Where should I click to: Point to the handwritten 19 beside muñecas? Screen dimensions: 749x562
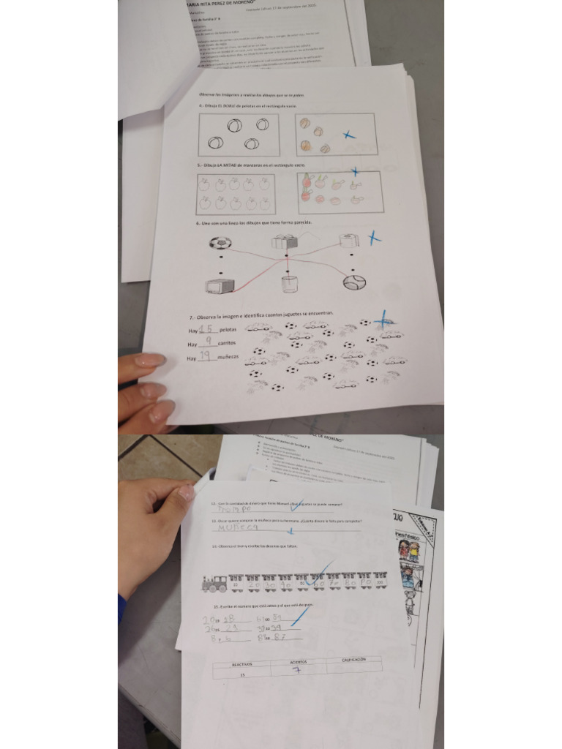pyautogui.click(x=206, y=356)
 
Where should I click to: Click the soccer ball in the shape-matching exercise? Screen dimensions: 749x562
pyautogui.click(x=220, y=242)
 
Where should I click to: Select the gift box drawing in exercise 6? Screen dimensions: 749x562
pyautogui.click(x=285, y=241)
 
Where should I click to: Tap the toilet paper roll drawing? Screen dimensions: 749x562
pyautogui.click(x=349, y=239)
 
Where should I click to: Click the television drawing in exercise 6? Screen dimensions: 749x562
pyautogui.click(x=220, y=285)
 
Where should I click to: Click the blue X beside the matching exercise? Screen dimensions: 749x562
pyautogui.click(x=374, y=238)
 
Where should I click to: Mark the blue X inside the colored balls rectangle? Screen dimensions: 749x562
pyautogui.click(x=350, y=135)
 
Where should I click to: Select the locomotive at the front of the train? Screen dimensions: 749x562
pyautogui.click(x=215, y=583)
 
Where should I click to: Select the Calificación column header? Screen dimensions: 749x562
pyautogui.click(x=353, y=660)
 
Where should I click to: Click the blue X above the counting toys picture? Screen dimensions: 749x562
pyautogui.click(x=383, y=320)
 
